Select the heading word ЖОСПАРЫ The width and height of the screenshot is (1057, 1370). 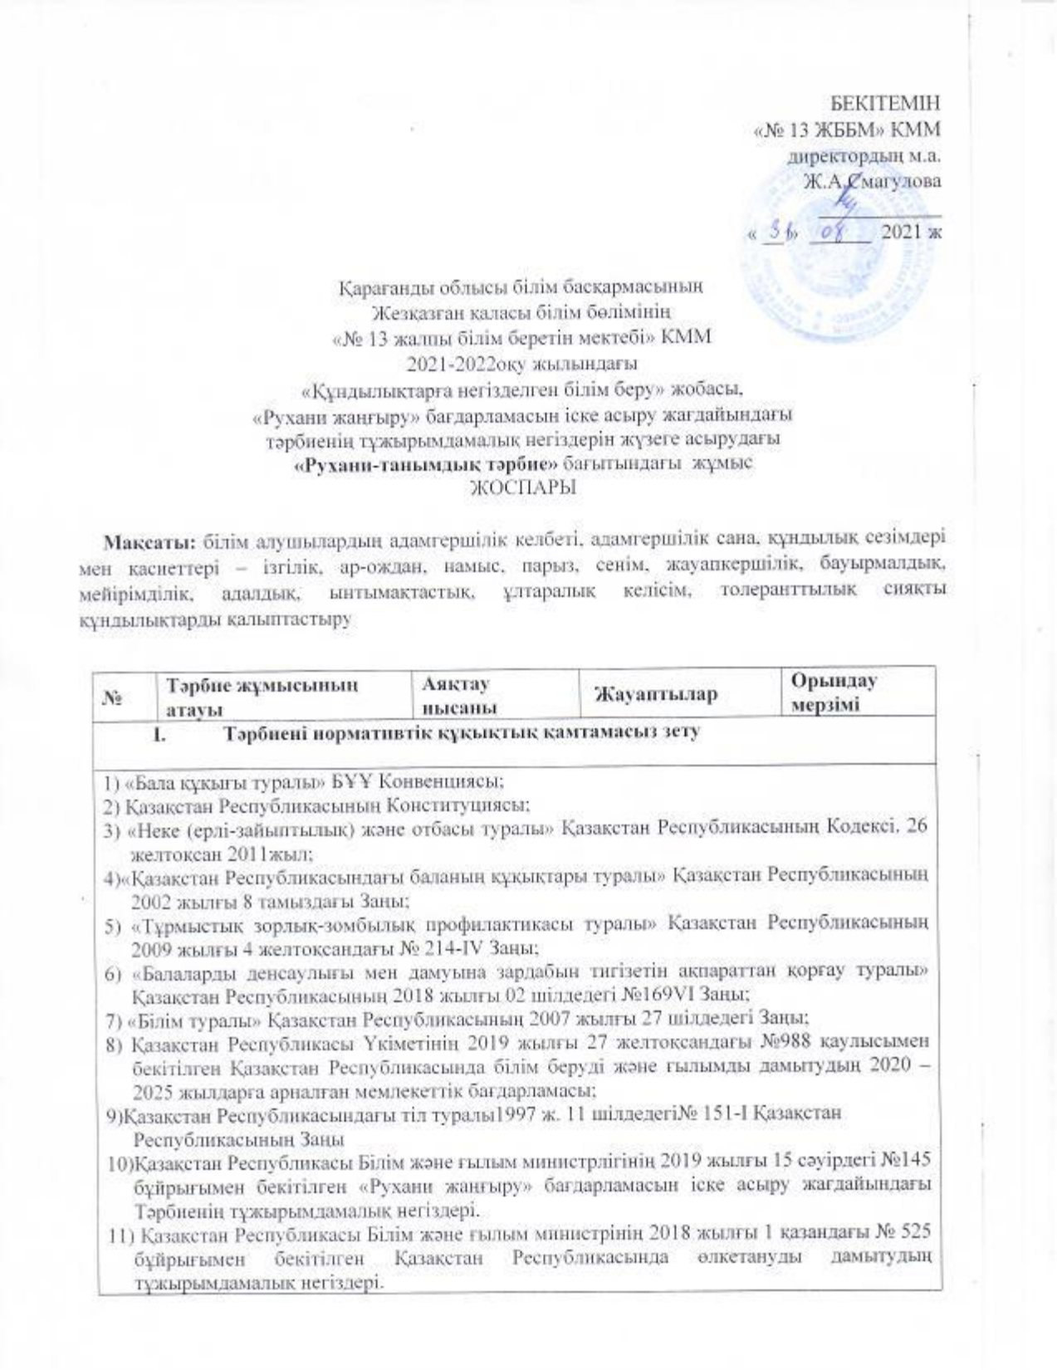pos(523,488)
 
